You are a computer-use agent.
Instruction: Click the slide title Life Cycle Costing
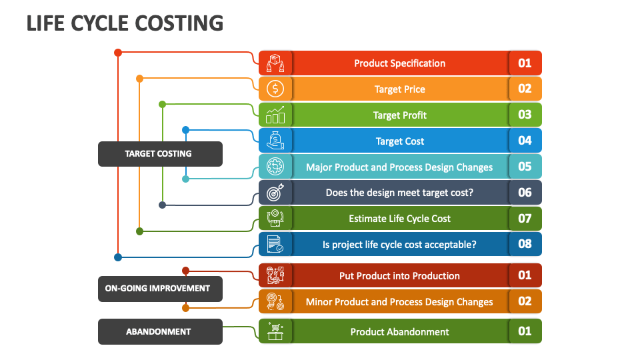(125, 23)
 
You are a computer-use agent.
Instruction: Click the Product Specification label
(399, 63)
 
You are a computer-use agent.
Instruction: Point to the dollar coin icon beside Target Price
(275, 89)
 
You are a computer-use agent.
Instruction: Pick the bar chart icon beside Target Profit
(275, 115)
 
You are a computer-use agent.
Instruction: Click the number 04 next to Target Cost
(525, 141)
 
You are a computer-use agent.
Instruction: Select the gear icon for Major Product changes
(275, 167)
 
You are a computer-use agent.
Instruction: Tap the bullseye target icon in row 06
(275, 193)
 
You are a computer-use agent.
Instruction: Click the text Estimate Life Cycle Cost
(399, 219)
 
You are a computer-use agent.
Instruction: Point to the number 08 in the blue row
(525, 244)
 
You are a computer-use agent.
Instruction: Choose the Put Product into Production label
(399, 276)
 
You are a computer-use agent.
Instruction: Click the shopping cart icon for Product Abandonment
(275, 331)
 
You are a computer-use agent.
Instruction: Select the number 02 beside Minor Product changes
(525, 301)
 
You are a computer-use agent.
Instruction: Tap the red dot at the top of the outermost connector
(118, 52)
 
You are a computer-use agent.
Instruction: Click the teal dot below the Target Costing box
(185, 179)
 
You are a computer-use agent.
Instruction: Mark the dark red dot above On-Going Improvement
(185, 271)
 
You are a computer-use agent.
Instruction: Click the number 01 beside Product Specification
(525, 63)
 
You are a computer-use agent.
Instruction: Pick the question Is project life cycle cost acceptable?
(399, 245)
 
